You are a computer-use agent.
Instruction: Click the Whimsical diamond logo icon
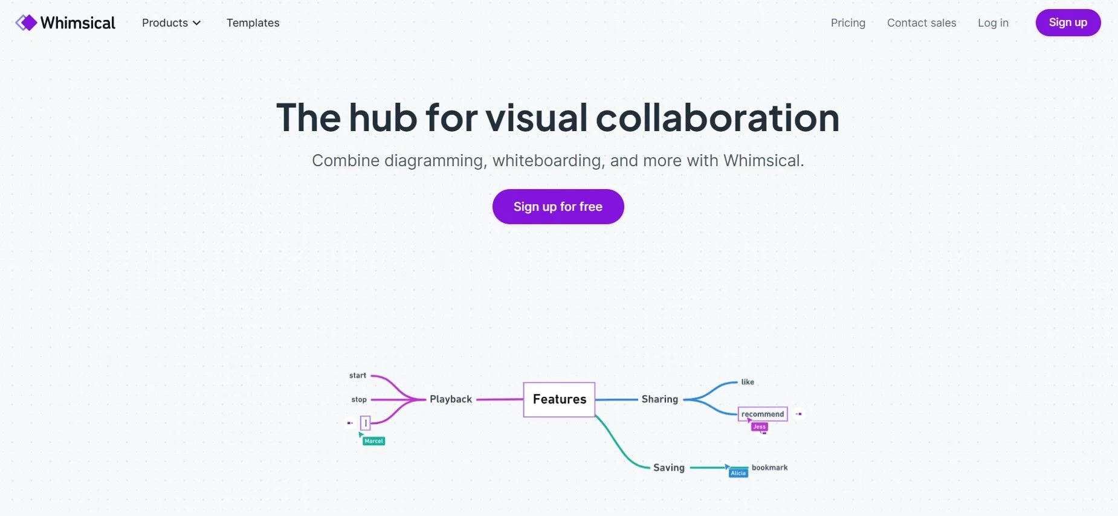coord(26,23)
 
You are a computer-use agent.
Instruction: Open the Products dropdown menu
coord(171,23)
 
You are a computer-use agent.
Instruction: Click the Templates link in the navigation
coord(253,23)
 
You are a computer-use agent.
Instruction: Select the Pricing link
coord(848,23)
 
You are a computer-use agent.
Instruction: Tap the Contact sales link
coord(922,23)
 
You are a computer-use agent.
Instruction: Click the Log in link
coord(993,23)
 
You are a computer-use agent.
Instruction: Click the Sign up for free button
coord(558,207)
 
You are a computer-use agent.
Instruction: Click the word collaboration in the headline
coord(717,117)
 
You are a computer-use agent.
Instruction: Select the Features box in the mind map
coord(559,399)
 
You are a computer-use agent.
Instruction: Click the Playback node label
coord(451,399)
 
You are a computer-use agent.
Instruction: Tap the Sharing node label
coord(659,399)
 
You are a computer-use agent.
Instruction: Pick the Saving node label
coord(668,468)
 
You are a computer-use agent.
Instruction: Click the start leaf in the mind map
coord(358,376)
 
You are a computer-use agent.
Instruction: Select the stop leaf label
coord(359,399)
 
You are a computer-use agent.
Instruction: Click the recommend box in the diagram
coord(763,414)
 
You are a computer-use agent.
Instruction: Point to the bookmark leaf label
coord(769,468)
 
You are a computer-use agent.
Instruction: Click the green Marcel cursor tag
coord(373,441)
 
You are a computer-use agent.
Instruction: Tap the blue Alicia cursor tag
coord(738,473)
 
